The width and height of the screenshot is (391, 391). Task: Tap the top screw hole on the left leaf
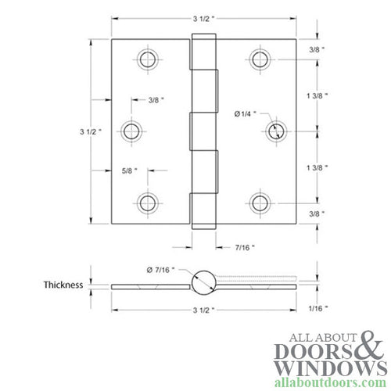point(145,59)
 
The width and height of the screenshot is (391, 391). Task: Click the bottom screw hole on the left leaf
point(145,203)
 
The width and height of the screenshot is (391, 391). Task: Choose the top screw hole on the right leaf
point(260,59)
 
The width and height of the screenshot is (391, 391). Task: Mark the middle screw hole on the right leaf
point(275,131)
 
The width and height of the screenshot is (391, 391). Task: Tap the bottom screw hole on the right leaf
point(260,203)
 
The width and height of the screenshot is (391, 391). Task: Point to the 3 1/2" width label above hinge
point(203,17)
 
